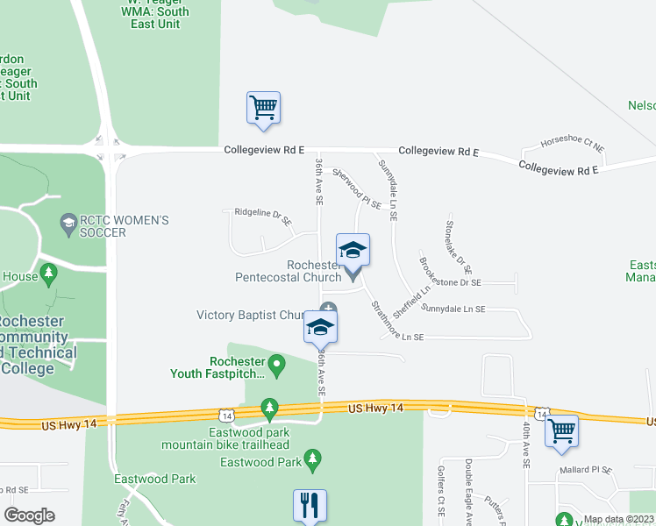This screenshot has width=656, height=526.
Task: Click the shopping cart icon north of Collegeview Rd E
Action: coord(263,108)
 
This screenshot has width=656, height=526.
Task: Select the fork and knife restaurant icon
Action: coord(310,505)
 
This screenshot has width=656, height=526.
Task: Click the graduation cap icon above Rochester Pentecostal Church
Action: coord(353,250)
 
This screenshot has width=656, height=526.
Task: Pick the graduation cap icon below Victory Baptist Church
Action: coord(320,328)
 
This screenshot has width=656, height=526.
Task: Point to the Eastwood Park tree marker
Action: coord(312,458)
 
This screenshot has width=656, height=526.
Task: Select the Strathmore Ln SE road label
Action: coord(396,323)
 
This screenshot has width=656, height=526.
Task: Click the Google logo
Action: coord(30,515)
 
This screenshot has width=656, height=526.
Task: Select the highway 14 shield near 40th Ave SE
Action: coord(542,412)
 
